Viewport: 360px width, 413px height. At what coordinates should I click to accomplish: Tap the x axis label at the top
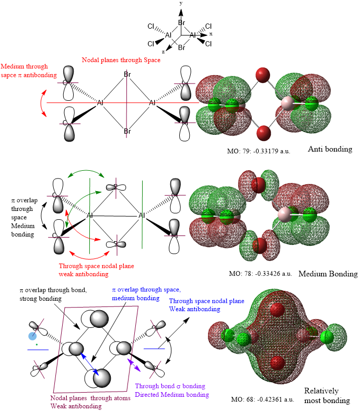point(211,33)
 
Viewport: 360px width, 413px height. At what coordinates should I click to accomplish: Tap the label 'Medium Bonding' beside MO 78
point(328,274)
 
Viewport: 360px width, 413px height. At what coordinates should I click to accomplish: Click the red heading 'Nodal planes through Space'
point(121,61)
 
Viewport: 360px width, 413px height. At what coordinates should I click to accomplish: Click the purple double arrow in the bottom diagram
point(134,364)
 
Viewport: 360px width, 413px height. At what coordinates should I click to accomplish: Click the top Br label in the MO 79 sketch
point(127,75)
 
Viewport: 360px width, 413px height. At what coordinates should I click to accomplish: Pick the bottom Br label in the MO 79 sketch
point(127,131)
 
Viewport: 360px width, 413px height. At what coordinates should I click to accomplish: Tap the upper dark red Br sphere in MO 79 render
point(262,74)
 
